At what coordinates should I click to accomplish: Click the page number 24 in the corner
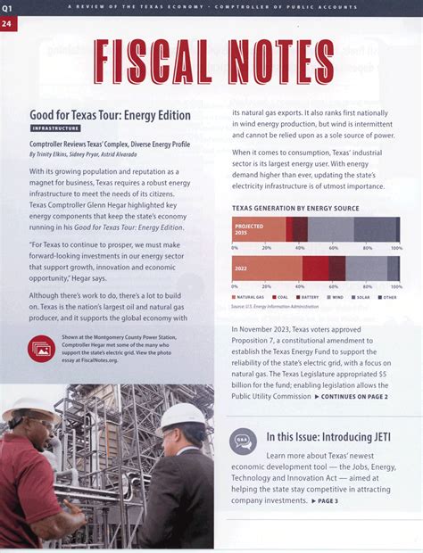pos(8,21)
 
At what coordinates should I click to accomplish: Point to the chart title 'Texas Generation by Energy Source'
pos(294,207)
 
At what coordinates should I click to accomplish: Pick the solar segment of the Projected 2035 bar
pos(371,229)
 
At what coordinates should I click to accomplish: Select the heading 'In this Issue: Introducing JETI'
pos(332,438)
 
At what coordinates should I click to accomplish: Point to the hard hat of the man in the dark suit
pos(186,416)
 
